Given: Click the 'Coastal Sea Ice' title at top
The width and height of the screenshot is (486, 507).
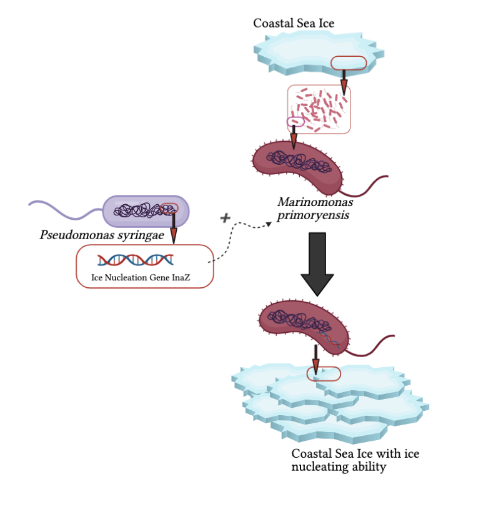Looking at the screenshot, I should (x=294, y=24).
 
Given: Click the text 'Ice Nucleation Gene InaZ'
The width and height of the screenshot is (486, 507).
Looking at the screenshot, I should (x=144, y=277).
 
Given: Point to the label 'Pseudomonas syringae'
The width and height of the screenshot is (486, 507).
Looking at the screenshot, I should (x=101, y=236).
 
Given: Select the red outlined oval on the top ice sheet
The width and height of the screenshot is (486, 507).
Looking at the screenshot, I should (x=349, y=62).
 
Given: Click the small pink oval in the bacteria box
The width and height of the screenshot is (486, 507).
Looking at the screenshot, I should (x=295, y=121).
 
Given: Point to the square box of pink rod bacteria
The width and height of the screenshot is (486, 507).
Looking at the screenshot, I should (x=319, y=109).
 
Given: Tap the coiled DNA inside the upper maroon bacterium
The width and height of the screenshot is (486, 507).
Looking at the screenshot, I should (x=299, y=161).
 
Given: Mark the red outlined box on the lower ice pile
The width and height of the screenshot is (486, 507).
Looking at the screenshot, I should (x=324, y=373).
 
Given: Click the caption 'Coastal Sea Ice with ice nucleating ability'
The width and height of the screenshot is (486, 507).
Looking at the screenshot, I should (x=355, y=461).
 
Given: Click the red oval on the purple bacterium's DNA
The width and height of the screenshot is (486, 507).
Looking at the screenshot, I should (x=169, y=209).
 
